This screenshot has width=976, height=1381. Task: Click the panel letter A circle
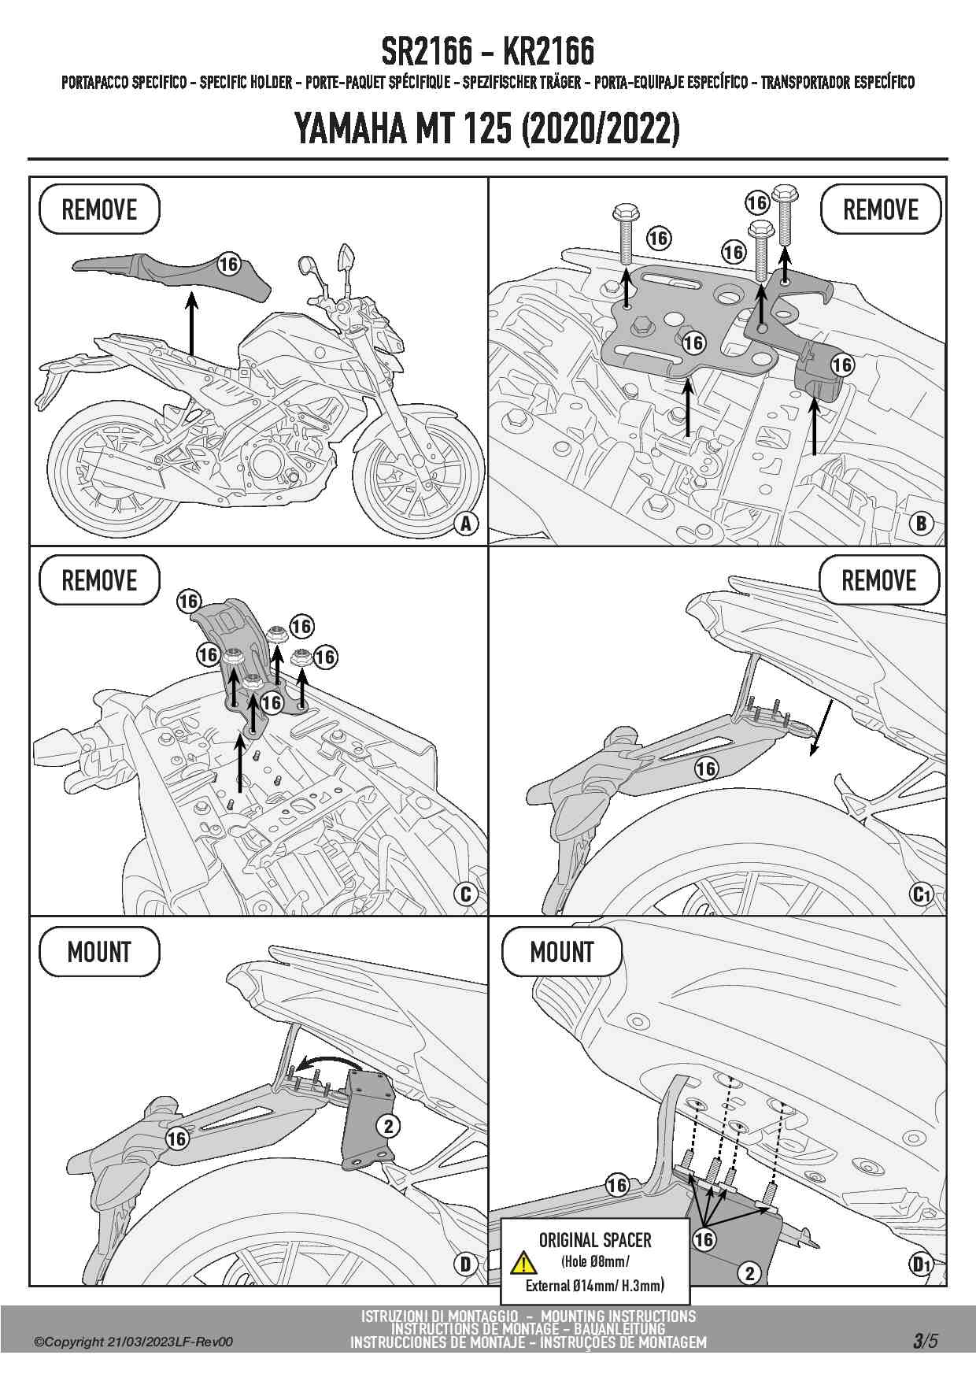coord(466,524)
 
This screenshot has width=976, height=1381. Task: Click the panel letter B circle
coord(920,524)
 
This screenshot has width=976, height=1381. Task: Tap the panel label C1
coord(921,894)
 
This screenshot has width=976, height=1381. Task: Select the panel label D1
coord(921,1264)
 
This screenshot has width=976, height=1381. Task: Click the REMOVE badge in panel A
coord(99,209)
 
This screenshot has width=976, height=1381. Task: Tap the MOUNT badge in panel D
coord(99,952)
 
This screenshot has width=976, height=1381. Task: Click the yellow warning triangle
coord(523,1263)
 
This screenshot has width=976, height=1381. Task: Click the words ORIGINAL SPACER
coord(595,1241)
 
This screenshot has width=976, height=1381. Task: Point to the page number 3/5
coord(926,1341)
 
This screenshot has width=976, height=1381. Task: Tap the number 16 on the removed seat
coord(228,265)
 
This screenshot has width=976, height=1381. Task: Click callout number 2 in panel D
coord(388,1126)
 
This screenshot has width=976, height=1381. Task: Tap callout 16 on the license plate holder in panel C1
coord(706,768)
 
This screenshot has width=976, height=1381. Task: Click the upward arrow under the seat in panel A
coord(191,323)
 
